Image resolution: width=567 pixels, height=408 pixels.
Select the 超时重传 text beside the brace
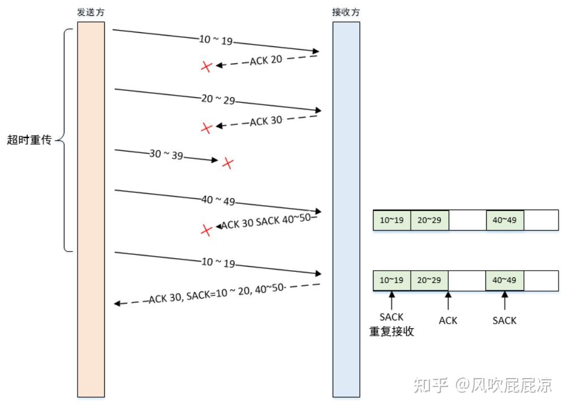pos(29,140)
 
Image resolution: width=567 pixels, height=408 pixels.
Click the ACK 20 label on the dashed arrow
pos(266,60)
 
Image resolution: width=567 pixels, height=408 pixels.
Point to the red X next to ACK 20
pos(207,67)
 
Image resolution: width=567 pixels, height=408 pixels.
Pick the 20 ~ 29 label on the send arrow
pos(217,99)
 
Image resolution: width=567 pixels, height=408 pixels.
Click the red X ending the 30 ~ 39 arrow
pos(227,163)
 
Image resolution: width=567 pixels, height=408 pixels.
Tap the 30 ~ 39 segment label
pos(166,154)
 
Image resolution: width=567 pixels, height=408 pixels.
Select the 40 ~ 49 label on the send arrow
pos(217,201)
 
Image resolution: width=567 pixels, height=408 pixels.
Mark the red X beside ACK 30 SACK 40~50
pos(207,229)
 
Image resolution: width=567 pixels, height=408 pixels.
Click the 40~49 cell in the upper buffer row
pos(505,220)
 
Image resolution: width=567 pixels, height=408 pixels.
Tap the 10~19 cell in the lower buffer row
pos(392,280)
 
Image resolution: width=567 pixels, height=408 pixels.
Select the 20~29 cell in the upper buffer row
pos(429,220)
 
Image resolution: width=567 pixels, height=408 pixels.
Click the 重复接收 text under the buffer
pos(392,332)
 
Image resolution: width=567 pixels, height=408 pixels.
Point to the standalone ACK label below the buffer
pos(448,320)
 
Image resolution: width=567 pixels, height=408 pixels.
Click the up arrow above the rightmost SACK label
pos(504,301)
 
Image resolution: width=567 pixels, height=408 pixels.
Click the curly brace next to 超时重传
pos(67,140)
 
